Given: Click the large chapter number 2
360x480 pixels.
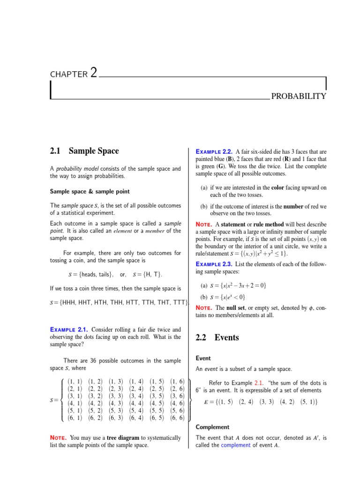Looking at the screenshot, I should (94, 73).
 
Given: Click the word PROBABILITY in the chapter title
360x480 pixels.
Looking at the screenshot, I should (298, 97).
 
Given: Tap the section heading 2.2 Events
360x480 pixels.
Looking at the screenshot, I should (217, 337).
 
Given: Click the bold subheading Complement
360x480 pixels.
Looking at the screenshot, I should (212, 427).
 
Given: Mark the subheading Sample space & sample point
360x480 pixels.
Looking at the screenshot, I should (90, 191).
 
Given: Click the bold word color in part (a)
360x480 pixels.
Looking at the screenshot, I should (277, 187).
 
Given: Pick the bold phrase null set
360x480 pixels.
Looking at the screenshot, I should (241, 307).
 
